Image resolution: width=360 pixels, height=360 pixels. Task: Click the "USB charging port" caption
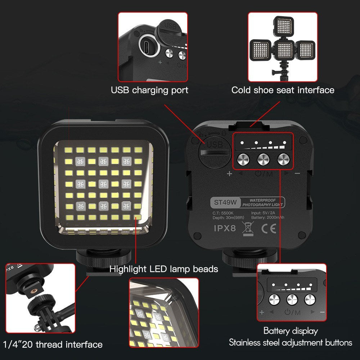pos(149,90)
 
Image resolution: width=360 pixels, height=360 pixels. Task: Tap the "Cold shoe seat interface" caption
pos(283,90)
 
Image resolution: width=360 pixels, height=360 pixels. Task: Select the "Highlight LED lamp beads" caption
pos(164,269)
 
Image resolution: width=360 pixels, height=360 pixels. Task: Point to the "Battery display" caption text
pos(291,330)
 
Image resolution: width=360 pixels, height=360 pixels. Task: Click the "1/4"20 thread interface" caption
pos(53,345)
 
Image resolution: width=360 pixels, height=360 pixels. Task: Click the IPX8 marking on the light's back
pos(225,228)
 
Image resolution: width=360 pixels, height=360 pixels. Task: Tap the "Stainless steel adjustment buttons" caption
pos(291,342)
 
